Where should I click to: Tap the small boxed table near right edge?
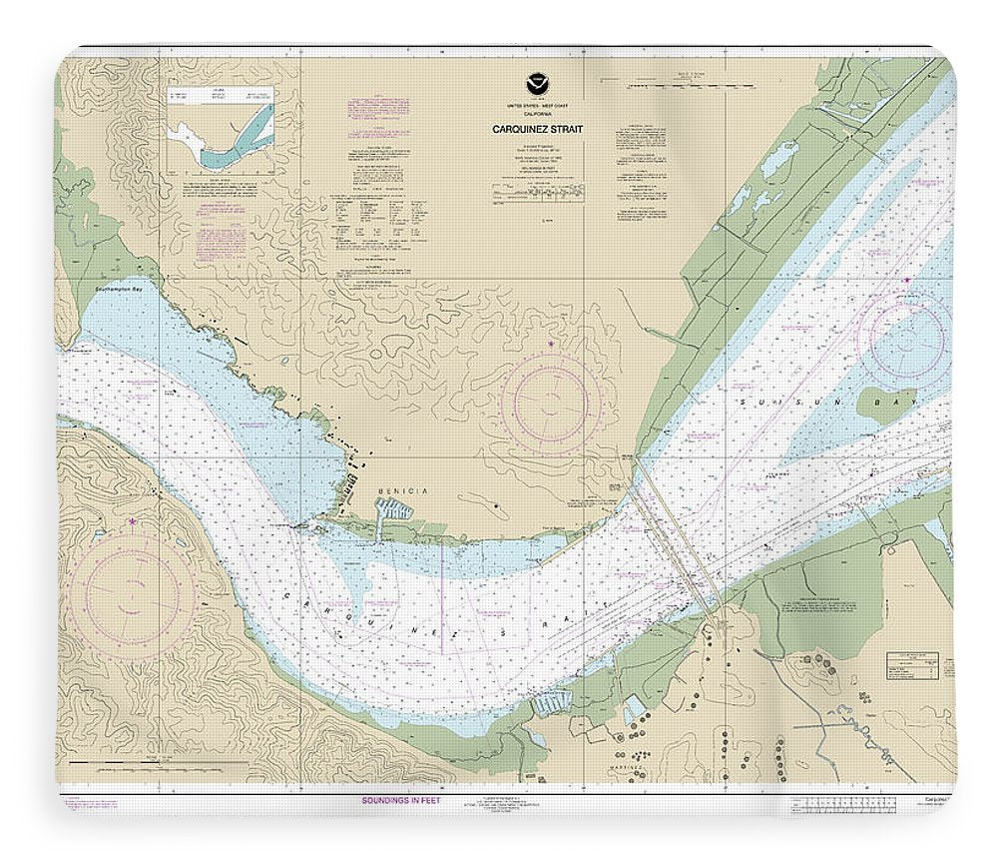pyautogui.click(x=913, y=664)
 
